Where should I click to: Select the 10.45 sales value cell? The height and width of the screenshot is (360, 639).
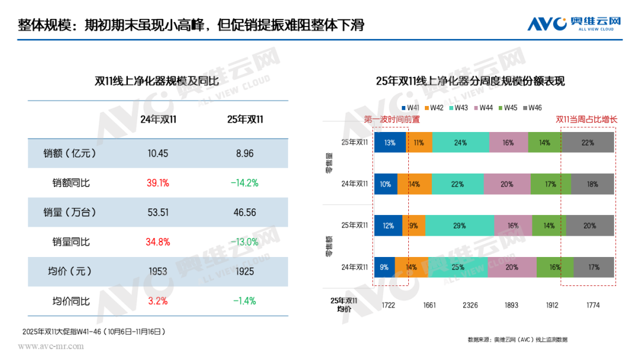click(158, 153)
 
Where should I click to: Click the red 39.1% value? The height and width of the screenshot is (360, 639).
click(158, 183)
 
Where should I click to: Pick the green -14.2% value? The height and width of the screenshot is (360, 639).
click(244, 183)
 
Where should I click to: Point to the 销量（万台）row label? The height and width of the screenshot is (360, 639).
click(70, 213)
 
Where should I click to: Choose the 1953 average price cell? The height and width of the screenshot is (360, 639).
click(157, 271)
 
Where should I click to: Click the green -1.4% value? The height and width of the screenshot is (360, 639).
click(244, 301)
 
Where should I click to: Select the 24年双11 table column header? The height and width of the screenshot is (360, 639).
click(158, 120)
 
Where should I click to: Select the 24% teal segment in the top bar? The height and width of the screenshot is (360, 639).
click(461, 143)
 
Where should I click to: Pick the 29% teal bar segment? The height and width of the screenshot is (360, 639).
click(459, 226)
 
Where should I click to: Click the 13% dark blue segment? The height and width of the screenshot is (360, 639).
click(390, 143)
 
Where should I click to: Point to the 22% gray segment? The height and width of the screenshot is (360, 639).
click(588, 143)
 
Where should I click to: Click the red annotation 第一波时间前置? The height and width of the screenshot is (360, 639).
click(392, 119)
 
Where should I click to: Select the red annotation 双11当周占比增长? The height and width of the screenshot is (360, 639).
click(586, 119)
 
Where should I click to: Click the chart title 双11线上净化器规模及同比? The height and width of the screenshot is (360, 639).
click(157, 81)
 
